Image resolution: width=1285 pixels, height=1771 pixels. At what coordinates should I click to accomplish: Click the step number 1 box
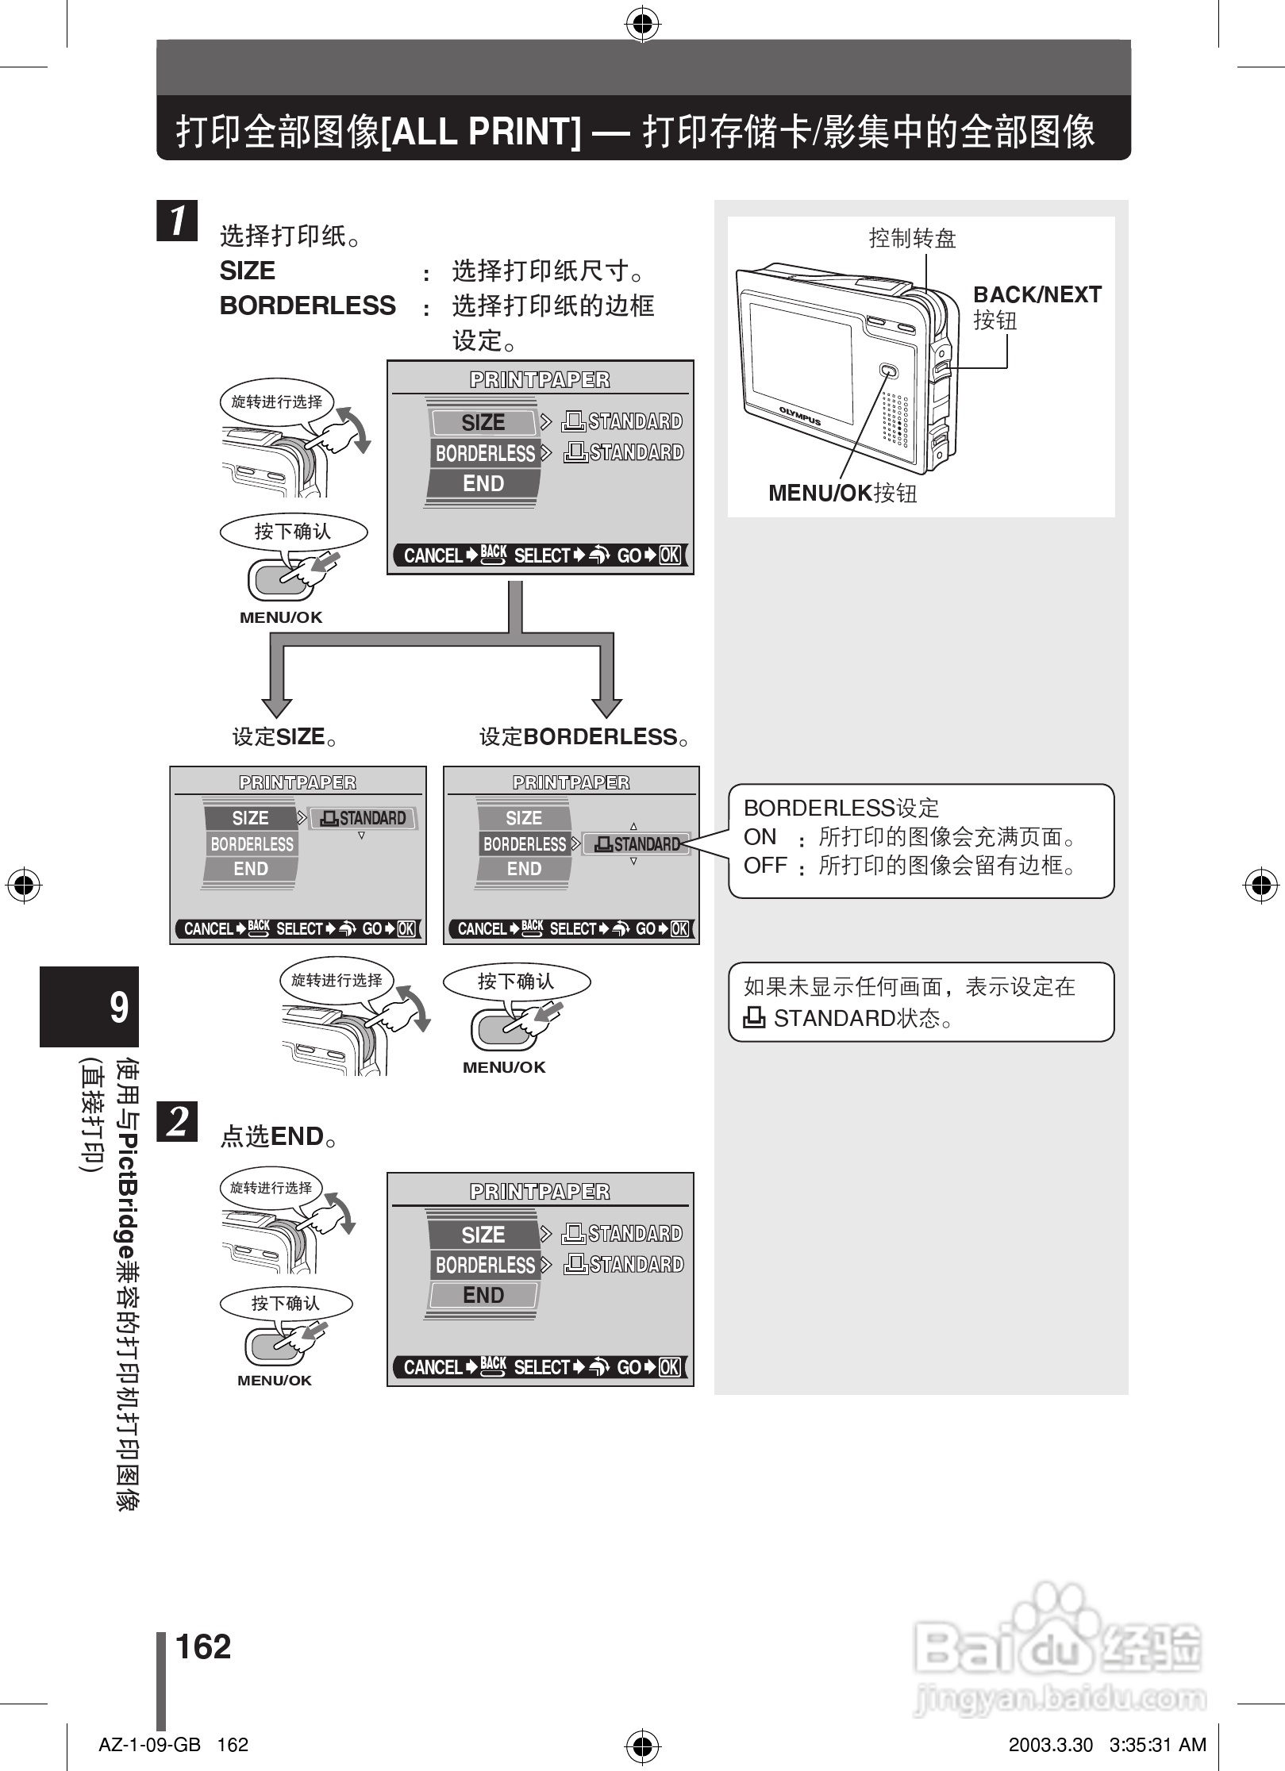177,221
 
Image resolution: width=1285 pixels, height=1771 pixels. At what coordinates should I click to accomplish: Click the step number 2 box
177,1120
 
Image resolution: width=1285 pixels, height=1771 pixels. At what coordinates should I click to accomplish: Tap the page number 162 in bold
203,1646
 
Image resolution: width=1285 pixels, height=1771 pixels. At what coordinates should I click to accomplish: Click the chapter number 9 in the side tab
118,1007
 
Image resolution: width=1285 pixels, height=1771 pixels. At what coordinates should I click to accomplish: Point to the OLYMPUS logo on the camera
799,416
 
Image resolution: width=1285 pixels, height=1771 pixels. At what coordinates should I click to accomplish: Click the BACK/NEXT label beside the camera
1037,294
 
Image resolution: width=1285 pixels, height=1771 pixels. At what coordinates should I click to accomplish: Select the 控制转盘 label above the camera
912,237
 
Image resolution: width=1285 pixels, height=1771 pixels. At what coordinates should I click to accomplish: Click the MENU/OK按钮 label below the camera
842,493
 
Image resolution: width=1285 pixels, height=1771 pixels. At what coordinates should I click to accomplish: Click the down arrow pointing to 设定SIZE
277,703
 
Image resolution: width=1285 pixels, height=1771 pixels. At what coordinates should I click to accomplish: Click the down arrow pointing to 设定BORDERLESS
607,703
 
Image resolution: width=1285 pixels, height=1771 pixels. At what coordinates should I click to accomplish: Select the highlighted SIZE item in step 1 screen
483,422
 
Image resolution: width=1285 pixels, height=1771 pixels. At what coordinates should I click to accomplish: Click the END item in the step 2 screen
483,1295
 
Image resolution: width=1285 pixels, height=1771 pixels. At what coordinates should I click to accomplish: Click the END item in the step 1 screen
483,483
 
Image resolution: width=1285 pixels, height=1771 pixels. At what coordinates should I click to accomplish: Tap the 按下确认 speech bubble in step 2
286,1303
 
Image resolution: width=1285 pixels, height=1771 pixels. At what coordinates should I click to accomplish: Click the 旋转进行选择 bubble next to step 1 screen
276,401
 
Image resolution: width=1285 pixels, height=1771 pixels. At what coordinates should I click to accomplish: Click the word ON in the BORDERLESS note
760,836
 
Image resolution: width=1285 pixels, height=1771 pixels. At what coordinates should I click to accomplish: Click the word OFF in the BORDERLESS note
764,865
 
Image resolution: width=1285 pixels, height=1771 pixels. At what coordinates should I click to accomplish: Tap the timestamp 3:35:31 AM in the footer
1157,1745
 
